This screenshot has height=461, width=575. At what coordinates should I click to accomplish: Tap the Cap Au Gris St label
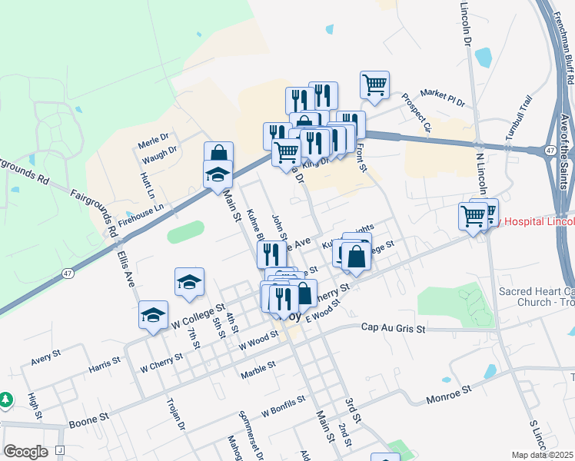coord(393,328)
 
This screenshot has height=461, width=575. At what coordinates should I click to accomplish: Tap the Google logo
coord(25,452)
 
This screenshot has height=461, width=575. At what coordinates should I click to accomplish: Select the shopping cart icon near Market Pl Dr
coord(374,85)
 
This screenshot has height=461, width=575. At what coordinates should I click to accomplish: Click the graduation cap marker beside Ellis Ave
coord(153,315)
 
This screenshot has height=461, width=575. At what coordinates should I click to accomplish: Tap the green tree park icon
coord(5,400)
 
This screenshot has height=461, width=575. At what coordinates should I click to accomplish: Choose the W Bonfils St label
coord(283,400)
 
